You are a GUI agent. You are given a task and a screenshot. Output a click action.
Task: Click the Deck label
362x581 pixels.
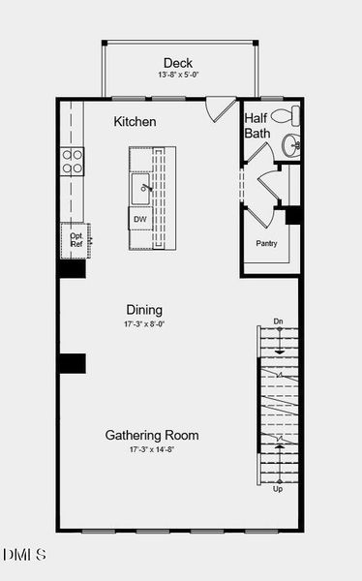(178, 63)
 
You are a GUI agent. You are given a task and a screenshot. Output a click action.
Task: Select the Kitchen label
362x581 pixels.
(135, 122)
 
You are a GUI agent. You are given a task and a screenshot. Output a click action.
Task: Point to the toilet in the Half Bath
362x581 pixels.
(285, 116)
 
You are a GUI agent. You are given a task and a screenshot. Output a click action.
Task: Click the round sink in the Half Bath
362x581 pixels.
(290, 145)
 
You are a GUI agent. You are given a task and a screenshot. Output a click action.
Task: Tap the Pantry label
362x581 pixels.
(266, 243)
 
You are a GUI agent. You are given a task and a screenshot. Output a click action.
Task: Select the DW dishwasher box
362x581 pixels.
(139, 220)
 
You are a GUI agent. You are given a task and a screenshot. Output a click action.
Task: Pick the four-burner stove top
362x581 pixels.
(73, 161)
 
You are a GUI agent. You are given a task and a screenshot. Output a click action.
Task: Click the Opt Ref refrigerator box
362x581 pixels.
(76, 238)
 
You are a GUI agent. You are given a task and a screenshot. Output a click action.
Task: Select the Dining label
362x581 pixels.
(143, 310)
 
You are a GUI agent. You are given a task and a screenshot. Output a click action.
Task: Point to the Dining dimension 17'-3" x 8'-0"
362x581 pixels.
(143, 323)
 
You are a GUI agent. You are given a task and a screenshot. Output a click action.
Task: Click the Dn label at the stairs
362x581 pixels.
(278, 321)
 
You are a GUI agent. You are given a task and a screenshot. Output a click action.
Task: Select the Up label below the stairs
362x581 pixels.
(278, 489)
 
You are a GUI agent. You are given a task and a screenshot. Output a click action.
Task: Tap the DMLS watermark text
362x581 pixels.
(24, 555)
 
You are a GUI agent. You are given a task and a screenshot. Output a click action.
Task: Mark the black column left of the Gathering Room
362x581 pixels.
(72, 363)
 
